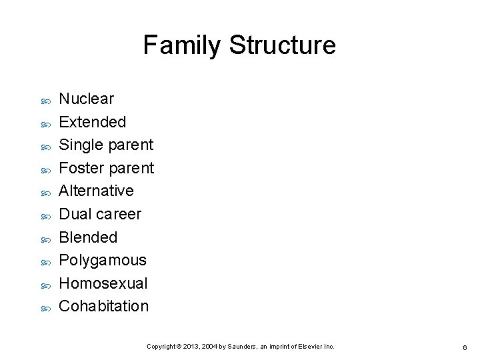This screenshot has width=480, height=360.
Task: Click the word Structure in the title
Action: coord(281,45)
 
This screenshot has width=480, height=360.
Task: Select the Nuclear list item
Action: coord(87,99)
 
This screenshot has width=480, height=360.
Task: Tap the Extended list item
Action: coord(92,122)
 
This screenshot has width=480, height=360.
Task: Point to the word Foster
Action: coord(79,168)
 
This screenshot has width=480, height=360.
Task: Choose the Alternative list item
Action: coord(96,191)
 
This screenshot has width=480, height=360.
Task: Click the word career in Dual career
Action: coord(119,214)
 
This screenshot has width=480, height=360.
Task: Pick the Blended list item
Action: coord(88,237)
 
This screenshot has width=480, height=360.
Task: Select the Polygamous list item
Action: coord(103,260)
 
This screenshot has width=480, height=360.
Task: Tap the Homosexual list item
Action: coord(103,283)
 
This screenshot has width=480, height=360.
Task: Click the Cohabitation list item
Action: coord(104,306)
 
